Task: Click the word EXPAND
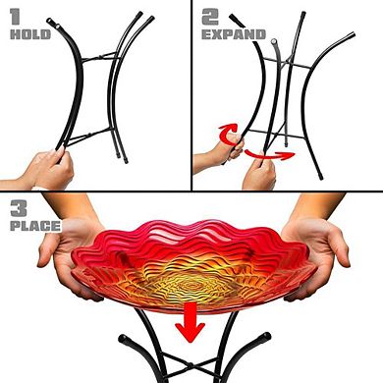[234, 34]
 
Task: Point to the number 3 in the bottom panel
[18, 209]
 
